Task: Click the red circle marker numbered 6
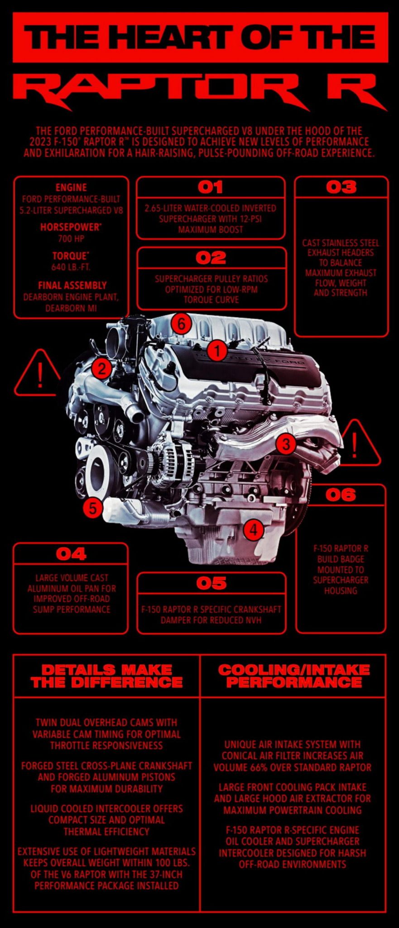[x=181, y=324]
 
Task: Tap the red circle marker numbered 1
[x=218, y=350]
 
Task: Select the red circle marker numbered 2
[x=101, y=368]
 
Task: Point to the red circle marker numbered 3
[x=286, y=444]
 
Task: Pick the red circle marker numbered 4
[x=254, y=529]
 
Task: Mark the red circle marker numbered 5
[x=93, y=507]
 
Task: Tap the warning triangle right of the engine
[x=356, y=443]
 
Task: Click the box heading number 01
[x=211, y=187]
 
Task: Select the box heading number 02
[x=211, y=258]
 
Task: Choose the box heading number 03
[x=341, y=187]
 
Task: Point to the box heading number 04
[x=71, y=554]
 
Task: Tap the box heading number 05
[x=212, y=583]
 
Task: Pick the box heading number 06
[x=341, y=495]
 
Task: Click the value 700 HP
[x=71, y=238]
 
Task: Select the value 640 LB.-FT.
[x=71, y=267]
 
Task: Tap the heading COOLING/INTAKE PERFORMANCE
[x=294, y=676]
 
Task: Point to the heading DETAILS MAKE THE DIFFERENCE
[x=107, y=676]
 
